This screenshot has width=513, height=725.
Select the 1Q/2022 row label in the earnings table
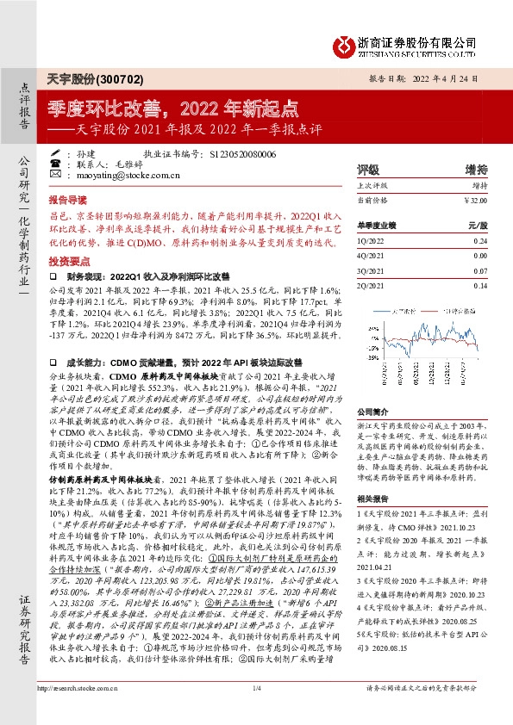point(370,242)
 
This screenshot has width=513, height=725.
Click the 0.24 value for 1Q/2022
point(480,242)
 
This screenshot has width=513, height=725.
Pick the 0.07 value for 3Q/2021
point(480,270)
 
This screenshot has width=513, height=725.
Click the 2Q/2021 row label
point(371,285)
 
